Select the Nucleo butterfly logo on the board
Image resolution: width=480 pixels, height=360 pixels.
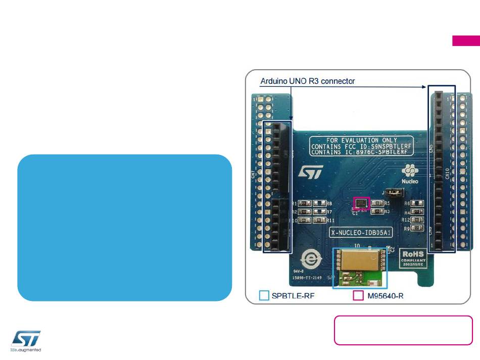pos(409,172)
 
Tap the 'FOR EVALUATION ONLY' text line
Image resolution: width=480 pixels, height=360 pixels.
pos(361,140)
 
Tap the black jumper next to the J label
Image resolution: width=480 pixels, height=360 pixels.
pos(393,192)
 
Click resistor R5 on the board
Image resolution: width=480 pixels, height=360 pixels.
pos(377,203)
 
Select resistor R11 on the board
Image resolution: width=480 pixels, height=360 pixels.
pos(319,220)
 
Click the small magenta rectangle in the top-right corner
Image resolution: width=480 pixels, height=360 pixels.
pos(465,41)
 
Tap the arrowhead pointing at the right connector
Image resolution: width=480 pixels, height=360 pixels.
pos(424,87)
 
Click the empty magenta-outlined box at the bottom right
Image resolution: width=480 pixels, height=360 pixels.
pos(403,330)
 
